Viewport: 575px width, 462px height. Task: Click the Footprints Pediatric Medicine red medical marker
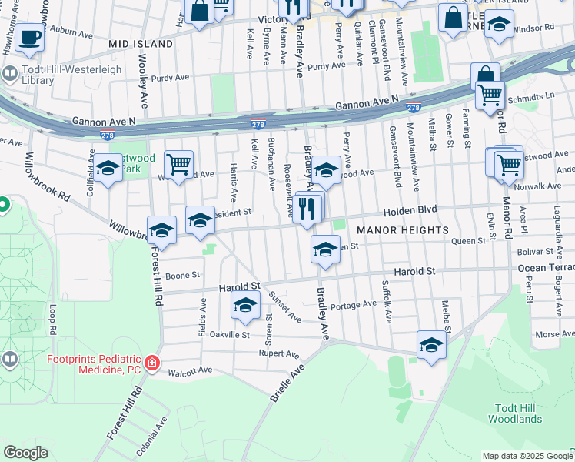[x=152, y=362]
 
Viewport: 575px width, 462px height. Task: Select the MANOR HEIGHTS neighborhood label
[x=402, y=230]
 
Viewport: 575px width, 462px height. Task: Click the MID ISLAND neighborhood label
[x=141, y=44]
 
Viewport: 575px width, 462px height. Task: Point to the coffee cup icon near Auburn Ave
[x=30, y=36]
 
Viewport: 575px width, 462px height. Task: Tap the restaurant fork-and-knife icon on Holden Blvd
[x=308, y=209]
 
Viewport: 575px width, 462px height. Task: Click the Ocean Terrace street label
[x=546, y=268]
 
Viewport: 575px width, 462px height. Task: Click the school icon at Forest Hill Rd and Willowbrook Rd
[x=161, y=230]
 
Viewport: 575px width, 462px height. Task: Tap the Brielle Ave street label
[x=287, y=383]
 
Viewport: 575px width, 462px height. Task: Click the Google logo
[x=25, y=452]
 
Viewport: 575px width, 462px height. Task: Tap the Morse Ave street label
[x=553, y=334]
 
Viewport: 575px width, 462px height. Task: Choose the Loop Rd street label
[x=52, y=319]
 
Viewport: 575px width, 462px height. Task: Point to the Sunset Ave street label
[x=284, y=306]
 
